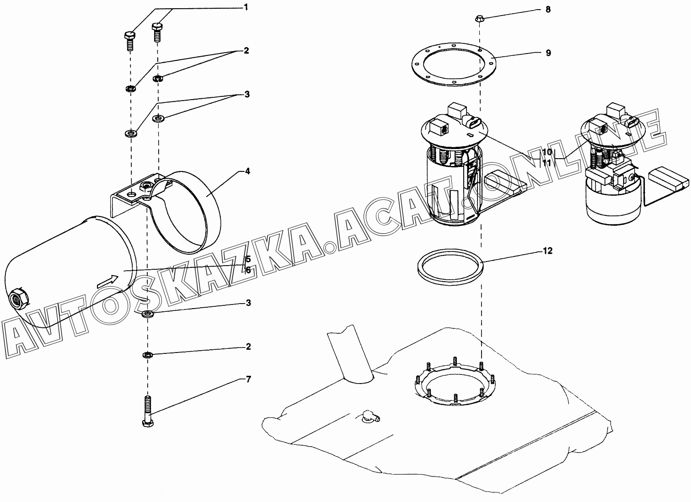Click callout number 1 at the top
[246, 7]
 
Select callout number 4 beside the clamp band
[247, 171]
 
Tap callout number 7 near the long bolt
[248, 379]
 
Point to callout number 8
[548, 10]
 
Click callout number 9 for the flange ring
[548, 53]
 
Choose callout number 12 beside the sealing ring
[547, 251]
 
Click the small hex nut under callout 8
[479, 18]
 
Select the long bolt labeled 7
[148, 411]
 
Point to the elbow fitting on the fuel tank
[371, 415]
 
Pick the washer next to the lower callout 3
[148, 315]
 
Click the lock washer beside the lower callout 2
[148, 355]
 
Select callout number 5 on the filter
[248, 259]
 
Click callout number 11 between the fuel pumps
[546, 162]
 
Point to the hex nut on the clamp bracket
[145, 186]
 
